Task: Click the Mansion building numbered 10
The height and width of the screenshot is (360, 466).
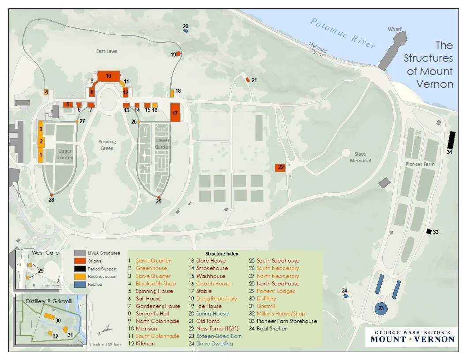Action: point(109,75)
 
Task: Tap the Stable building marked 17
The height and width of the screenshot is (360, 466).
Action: point(175,113)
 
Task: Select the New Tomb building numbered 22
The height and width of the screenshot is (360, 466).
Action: point(280,167)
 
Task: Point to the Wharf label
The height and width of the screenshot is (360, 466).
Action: point(395,29)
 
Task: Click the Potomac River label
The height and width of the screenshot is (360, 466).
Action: point(342,34)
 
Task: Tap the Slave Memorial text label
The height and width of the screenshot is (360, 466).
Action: point(360,157)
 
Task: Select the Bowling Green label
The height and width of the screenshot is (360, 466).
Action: point(107,145)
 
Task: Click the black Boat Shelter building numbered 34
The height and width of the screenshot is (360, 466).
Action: point(451,140)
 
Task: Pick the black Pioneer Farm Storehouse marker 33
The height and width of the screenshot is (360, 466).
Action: point(428,231)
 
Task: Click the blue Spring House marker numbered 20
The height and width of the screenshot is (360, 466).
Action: point(186,31)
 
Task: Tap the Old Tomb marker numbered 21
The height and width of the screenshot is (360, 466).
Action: point(248,79)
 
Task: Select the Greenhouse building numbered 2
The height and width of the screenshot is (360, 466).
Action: point(41,142)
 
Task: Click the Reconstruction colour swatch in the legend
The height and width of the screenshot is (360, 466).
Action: point(80,277)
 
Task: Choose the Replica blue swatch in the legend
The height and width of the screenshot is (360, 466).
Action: point(80,285)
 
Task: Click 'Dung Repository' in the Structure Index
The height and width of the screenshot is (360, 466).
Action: point(216,299)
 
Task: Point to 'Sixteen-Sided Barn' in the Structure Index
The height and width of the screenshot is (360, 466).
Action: point(219,336)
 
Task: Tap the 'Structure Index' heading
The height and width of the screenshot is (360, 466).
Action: point(222,254)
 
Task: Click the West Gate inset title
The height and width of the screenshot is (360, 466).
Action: point(45,253)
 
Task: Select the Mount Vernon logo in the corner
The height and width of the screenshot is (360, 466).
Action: point(412,336)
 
